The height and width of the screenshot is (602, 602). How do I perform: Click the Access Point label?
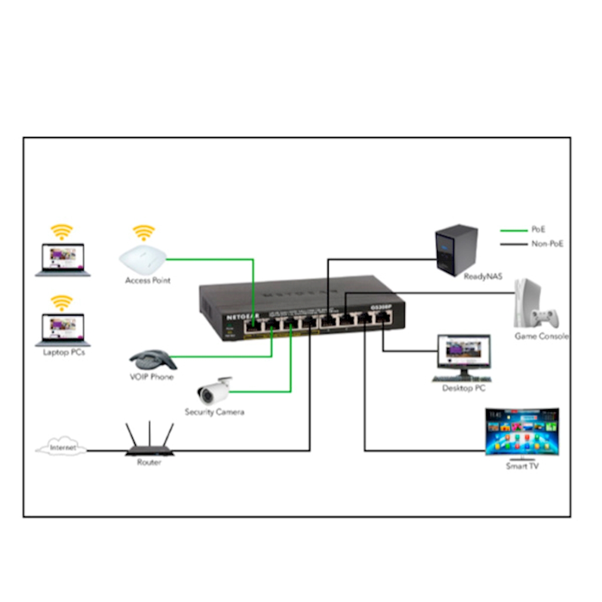tap(148, 280)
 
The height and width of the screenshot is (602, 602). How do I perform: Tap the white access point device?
tap(142, 257)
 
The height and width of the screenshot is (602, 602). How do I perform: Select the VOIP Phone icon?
tap(152, 359)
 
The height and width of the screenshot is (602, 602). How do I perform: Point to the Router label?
tap(149, 463)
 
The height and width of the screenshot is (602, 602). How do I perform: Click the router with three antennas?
tap(149, 442)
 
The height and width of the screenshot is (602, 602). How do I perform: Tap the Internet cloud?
tap(62, 448)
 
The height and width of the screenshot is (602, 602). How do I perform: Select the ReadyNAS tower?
tap(456, 249)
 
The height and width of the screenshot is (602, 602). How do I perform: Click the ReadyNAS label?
tap(483, 276)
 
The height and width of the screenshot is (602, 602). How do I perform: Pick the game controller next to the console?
tap(545, 318)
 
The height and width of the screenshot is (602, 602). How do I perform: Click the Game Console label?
tap(541, 336)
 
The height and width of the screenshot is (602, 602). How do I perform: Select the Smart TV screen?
tap(521, 431)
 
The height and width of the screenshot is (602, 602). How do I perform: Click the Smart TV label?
tap(522, 466)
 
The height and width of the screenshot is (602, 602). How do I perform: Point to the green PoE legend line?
tap(512, 230)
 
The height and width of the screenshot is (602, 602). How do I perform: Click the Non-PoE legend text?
tap(547, 243)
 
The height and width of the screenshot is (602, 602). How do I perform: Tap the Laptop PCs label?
tap(63, 353)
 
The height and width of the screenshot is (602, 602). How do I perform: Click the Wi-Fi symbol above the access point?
tap(143, 232)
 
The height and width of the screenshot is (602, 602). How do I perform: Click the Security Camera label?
tap(214, 412)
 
